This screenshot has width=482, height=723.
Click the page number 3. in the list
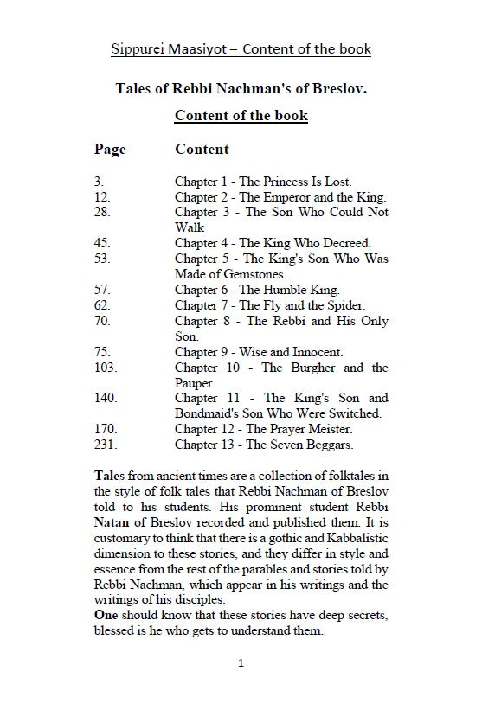[x=98, y=182]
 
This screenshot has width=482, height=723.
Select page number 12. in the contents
[x=101, y=197]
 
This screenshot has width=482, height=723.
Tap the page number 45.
[x=101, y=243]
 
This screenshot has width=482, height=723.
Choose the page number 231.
[x=105, y=445]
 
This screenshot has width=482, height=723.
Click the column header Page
[x=110, y=149]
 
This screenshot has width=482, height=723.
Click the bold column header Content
[x=202, y=149]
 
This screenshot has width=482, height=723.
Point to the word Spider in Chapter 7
[x=345, y=305]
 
